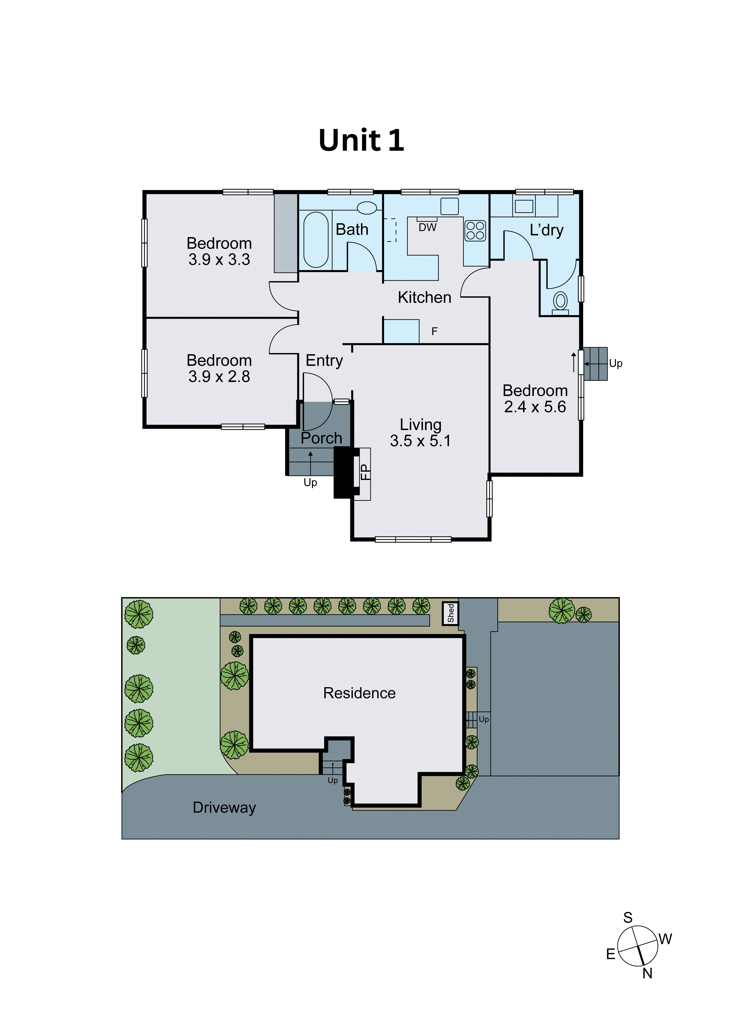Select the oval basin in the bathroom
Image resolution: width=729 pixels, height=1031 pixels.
367,207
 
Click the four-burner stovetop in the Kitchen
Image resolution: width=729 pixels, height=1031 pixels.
475,230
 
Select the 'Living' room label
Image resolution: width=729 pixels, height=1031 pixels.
421,424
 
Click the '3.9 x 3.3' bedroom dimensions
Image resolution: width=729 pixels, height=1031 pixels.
219,260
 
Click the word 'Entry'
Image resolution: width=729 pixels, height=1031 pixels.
324,360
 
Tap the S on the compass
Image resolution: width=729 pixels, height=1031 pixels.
628,917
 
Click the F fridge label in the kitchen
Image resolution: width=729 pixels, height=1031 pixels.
434,331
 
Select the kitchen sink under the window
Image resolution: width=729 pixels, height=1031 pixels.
449,206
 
